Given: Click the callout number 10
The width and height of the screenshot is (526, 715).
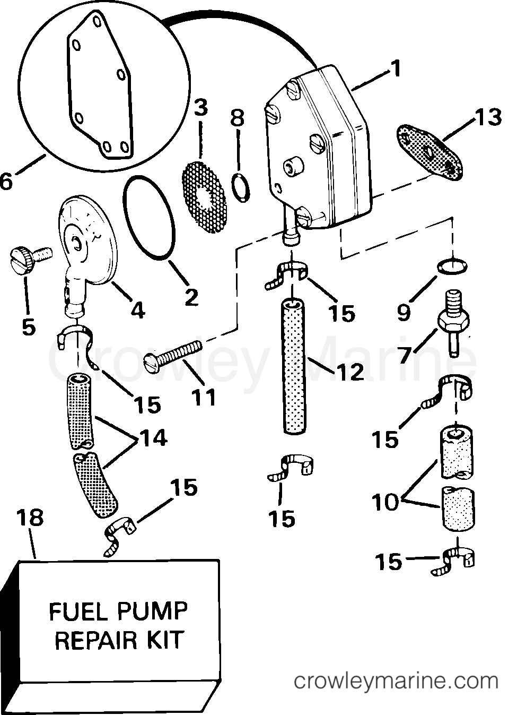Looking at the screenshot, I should pyautogui.click(x=385, y=502).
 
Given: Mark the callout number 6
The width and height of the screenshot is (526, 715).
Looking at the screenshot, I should pyautogui.click(x=5, y=181).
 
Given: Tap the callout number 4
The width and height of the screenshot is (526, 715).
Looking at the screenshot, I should pyautogui.click(x=137, y=311).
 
